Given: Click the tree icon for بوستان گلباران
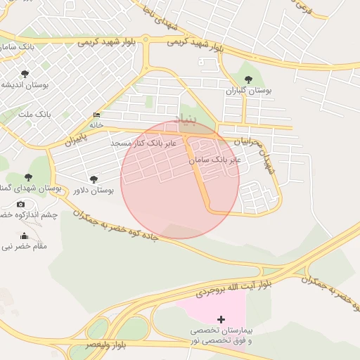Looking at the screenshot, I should tap(247, 79).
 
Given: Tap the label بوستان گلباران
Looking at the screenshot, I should tap(247, 91).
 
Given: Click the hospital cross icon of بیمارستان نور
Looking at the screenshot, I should tap(221, 319).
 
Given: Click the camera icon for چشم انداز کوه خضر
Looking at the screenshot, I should tap(20, 204).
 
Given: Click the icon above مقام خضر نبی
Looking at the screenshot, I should tap(25, 236).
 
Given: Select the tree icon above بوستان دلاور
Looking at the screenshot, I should tap(94, 179).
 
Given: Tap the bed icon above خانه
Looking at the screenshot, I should tap(96, 115).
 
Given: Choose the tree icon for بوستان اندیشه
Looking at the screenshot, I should tap(25, 73).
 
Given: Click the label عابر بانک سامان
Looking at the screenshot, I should tap(215, 160).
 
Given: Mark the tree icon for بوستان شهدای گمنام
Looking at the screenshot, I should tap(28, 178).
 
